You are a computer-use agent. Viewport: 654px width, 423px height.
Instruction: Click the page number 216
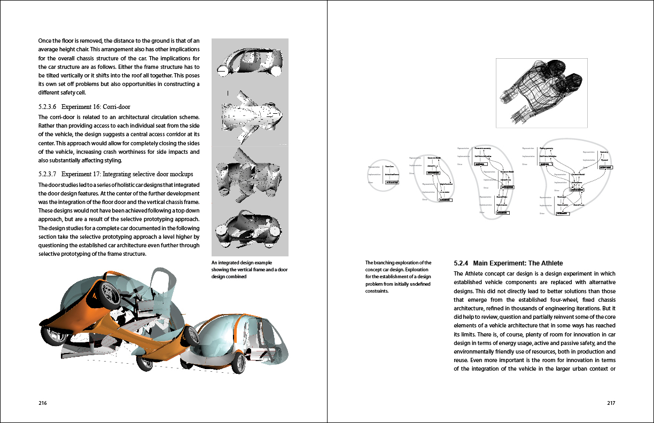point(43,403)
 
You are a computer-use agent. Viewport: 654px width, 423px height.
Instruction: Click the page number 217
point(611,403)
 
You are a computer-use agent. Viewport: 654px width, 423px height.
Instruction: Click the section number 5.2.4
point(461,263)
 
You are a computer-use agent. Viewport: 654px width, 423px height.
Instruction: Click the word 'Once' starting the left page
point(45,41)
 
